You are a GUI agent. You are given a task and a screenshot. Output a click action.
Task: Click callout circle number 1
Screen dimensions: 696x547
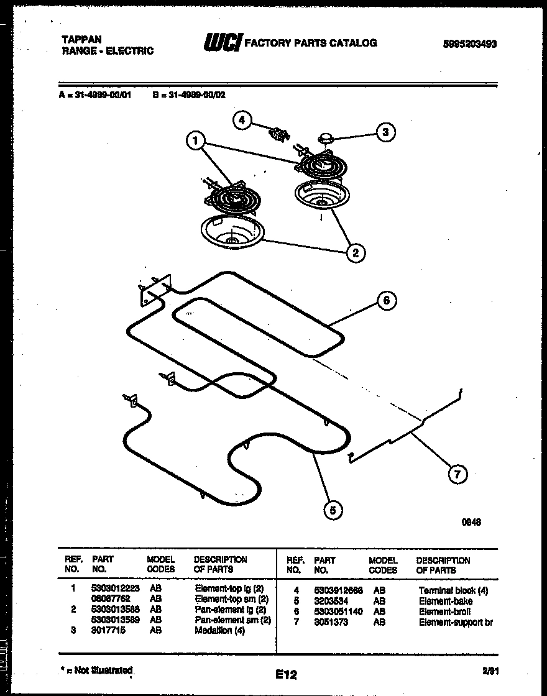pos(195,142)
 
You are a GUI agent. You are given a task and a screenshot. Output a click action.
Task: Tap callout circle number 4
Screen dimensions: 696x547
pos(242,121)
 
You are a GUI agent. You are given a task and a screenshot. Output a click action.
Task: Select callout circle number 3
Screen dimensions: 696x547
pos(386,132)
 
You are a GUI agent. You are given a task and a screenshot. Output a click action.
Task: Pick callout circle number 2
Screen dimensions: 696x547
pos(355,252)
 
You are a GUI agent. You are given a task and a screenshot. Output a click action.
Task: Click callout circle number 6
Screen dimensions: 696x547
pos(386,301)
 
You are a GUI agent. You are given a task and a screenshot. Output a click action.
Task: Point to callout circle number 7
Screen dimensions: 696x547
pos(457,475)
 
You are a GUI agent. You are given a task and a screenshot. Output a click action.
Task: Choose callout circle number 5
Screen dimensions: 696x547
pos(333,510)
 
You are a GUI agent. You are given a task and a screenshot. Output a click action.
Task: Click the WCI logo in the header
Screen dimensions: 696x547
pos(223,43)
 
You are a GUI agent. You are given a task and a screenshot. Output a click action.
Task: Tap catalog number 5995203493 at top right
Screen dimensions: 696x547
pos(470,44)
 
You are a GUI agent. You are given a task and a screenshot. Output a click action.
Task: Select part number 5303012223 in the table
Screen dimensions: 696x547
pos(115,588)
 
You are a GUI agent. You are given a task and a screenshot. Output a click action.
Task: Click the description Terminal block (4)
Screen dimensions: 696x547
pos(453,590)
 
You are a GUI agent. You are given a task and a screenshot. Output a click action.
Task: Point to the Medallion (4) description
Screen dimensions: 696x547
pos(221,630)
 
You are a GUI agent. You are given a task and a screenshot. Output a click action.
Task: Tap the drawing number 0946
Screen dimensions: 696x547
pos(471,523)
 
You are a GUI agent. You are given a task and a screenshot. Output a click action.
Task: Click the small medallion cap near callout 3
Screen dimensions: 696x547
pos(326,136)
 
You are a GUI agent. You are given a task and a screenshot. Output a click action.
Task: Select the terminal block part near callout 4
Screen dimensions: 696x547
pos(277,132)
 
